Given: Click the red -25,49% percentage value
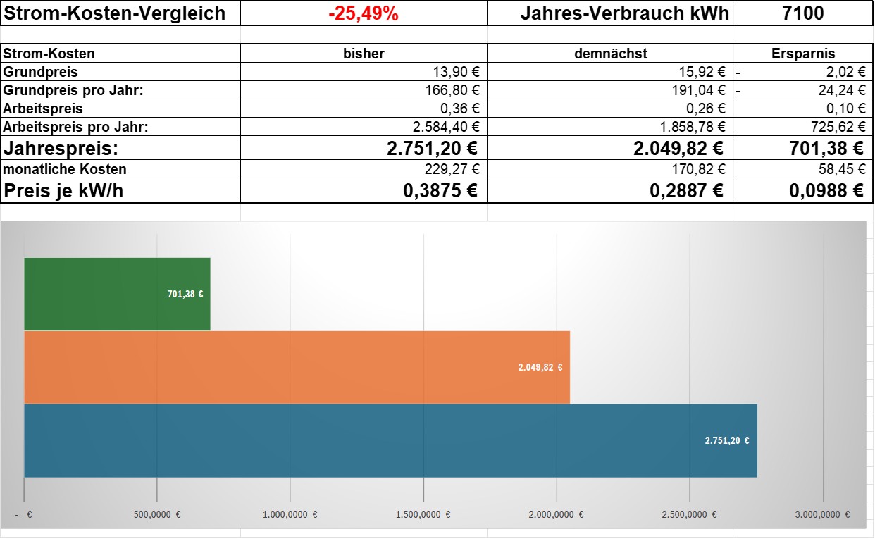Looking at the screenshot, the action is (x=364, y=13).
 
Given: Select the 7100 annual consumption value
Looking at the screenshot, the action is (x=802, y=13).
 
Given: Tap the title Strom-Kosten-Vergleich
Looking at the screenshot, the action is (x=114, y=13).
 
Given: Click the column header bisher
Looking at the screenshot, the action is (x=364, y=54).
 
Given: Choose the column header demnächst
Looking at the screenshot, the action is (x=611, y=54).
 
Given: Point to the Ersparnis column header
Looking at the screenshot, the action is (x=803, y=54).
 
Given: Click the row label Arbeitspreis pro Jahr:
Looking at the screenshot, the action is (x=75, y=127).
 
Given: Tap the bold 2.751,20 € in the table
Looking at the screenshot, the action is (x=433, y=149).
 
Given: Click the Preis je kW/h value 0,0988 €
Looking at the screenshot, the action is (x=826, y=191).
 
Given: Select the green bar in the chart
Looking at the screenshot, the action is (x=117, y=294).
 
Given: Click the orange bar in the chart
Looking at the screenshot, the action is (x=297, y=367).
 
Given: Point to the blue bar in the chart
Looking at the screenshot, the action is (x=390, y=440).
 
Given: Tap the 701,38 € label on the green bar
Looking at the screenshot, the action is (x=185, y=294).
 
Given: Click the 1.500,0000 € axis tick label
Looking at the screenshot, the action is (x=423, y=514).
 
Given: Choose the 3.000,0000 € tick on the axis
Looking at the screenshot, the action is (x=822, y=514).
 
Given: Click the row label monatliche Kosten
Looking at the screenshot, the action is (x=64, y=169).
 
